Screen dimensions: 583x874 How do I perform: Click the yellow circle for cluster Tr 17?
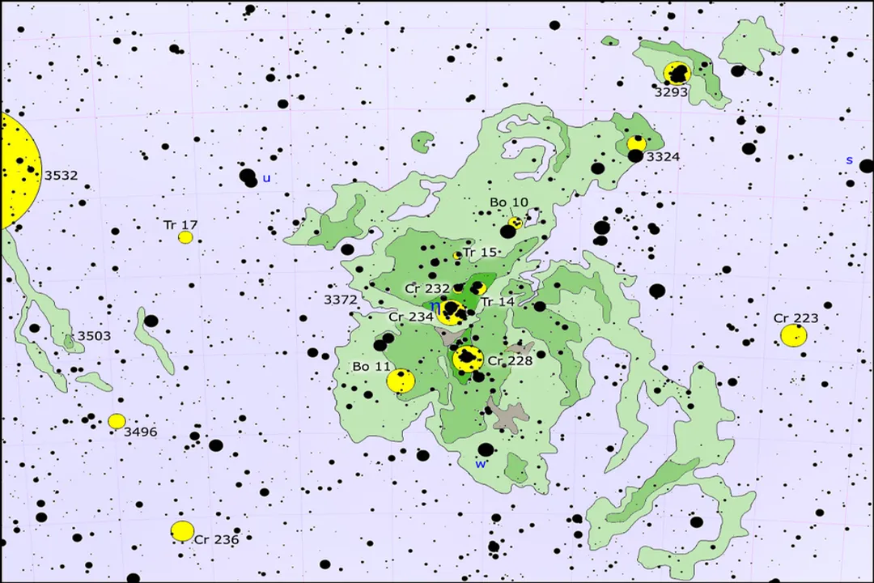pyautogui.click(x=185, y=237)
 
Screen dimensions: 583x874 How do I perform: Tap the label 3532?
pyautogui.click(x=61, y=175)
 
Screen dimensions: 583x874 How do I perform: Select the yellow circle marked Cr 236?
pyautogui.click(x=183, y=531)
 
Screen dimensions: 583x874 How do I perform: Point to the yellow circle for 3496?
pyautogui.click(x=117, y=421)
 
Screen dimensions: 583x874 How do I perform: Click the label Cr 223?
pyautogui.click(x=796, y=318)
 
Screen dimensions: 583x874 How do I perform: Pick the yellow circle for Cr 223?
pyautogui.click(x=793, y=335)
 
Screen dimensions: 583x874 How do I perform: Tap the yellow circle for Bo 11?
pyautogui.click(x=401, y=381)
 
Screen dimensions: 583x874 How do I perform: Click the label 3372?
pyautogui.click(x=340, y=300)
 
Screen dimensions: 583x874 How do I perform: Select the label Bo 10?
pyautogui.click(x=509, y=202)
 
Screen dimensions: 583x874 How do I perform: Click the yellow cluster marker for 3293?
pyautogui.click(x=677, y=73)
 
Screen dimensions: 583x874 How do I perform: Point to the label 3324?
pyautogui.click(x=663, y=156)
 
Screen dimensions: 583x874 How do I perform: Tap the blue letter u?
pyautogui.click(x=266, y=178)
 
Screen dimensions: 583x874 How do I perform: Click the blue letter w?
pyautogui.click(x=481, y=464)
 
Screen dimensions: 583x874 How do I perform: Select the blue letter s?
pyautogui.click(x=849, y=160)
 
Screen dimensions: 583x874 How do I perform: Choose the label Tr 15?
pyautogui.click(x=480, y=253)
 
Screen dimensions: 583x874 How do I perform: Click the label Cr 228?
pyautogui.click(x=510, y=360)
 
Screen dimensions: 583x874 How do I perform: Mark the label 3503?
pyautogui.click(x=94, y=336)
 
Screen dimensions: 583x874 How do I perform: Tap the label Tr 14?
pyautogui.click(x=497, y=302)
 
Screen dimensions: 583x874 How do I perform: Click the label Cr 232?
pyautogui.click(x=426, y=289)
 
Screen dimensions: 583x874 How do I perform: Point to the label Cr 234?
pyautogui.click(x=410, y=317)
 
